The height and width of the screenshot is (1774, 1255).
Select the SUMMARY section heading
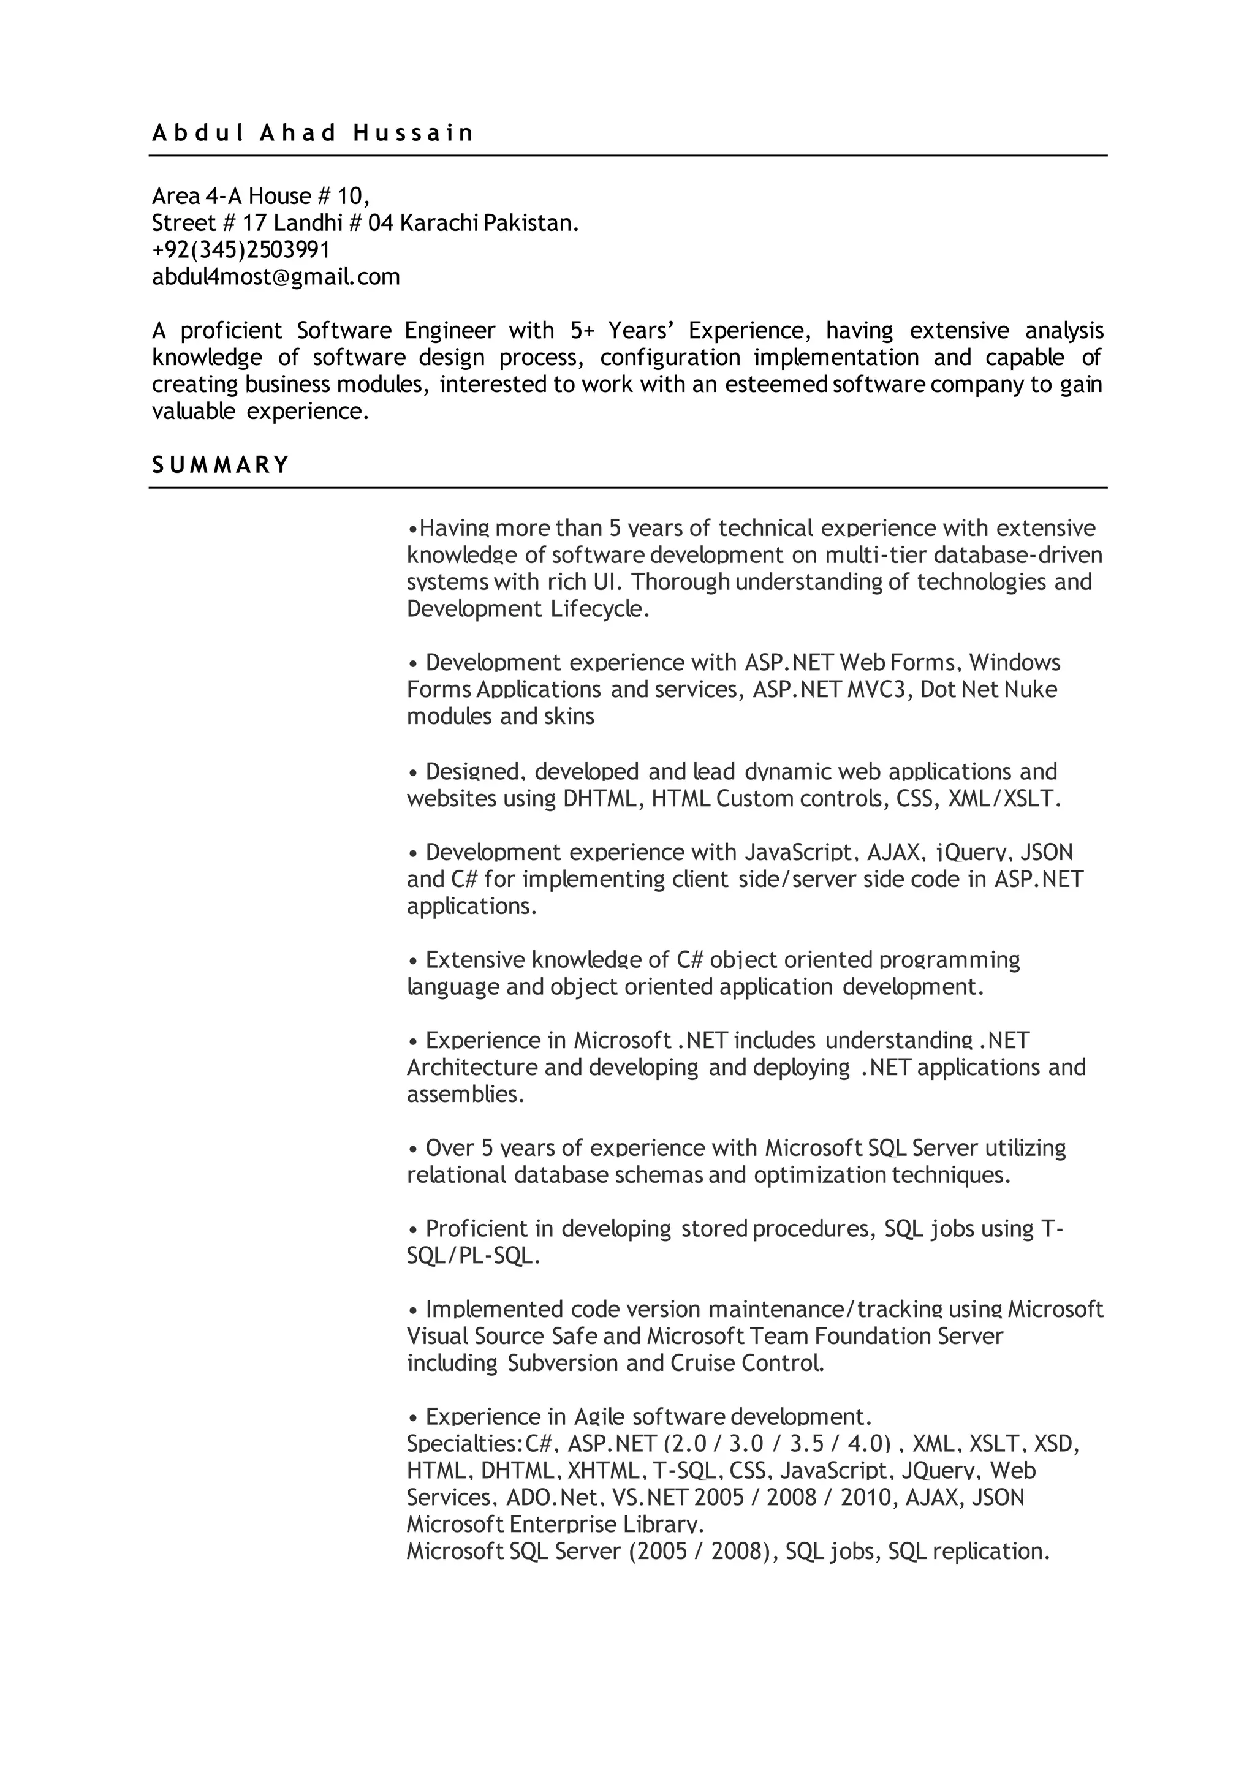(220, 465)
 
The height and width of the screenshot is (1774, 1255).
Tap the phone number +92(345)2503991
(241, 251)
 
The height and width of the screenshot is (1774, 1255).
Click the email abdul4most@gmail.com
(276, 277)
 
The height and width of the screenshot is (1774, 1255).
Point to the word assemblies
(464, 1095)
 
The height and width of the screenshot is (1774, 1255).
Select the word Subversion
(564, 1363)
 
